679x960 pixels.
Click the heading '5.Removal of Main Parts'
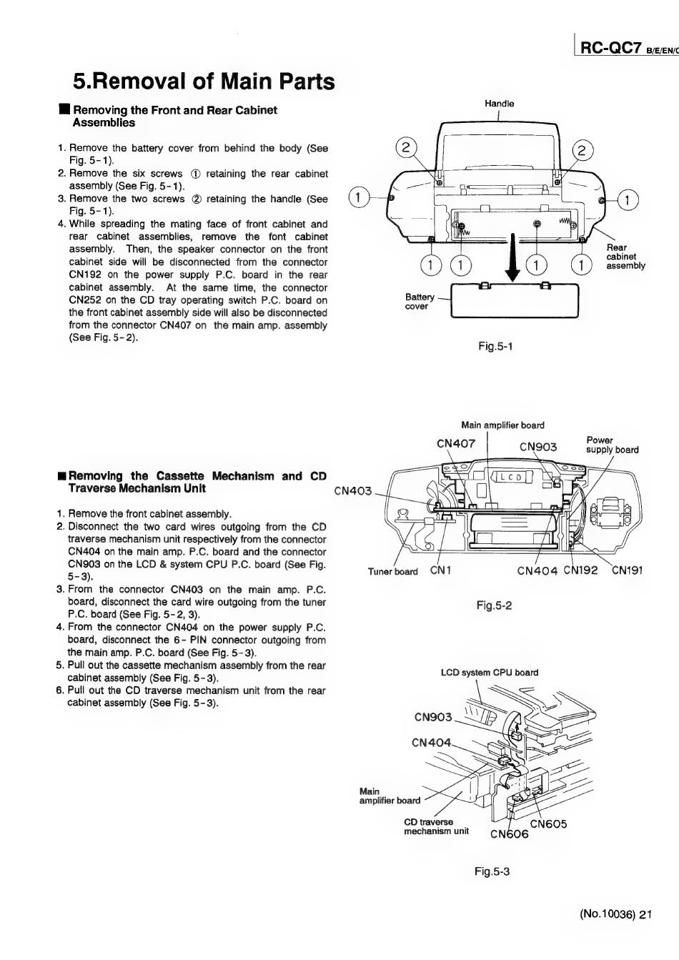coord(204,81)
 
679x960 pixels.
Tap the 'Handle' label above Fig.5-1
coord(499,104)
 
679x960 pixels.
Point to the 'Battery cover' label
coord(420,302)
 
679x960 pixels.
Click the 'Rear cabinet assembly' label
coord(625,257)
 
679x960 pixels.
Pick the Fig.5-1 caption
coord(495,347)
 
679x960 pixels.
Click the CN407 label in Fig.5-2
coord(455,443)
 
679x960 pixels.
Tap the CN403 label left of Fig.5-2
coord(353,491)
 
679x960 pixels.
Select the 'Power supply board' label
coord(612,445)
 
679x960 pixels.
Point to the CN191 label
coord(627,570)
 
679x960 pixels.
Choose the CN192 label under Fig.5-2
coord(580,570)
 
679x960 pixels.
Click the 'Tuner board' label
coord(392,571)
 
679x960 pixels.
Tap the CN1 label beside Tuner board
coord(441,570)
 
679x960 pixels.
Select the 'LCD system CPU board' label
coord(490,673)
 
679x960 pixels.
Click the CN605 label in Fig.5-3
coord(548,823)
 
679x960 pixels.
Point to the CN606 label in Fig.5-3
coord(509,834)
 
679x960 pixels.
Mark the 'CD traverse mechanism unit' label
coord(436,826)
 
